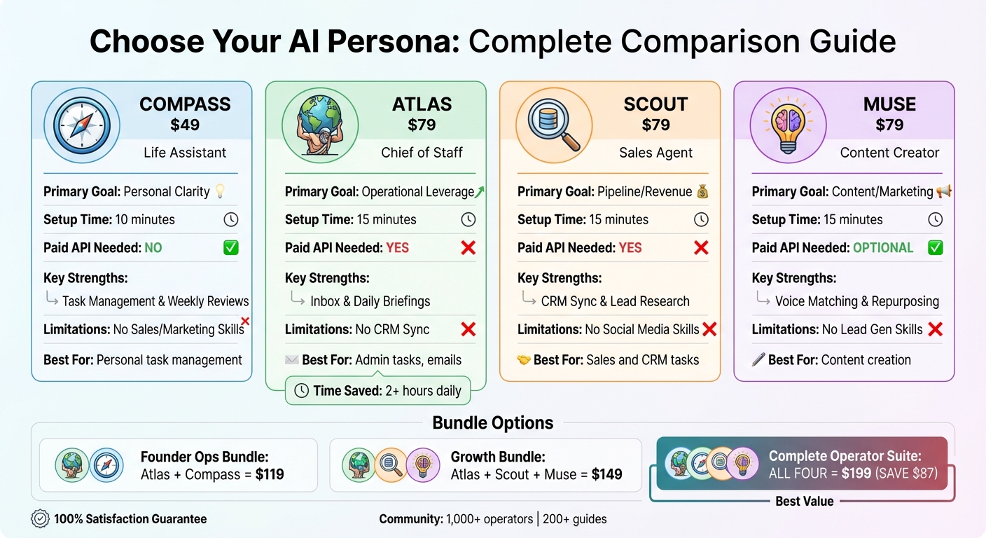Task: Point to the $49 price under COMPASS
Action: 185,125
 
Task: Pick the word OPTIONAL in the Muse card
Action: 882,248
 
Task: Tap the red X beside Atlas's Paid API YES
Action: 468,248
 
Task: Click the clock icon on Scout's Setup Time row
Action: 701,220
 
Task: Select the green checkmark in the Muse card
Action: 935,248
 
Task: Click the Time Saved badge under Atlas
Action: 378,391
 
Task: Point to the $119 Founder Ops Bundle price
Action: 270,474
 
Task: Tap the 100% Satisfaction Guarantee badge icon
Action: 40,519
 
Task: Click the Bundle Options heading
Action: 493,423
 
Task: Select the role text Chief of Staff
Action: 422,153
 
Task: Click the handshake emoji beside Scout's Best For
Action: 524,360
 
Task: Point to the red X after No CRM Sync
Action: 468,329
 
